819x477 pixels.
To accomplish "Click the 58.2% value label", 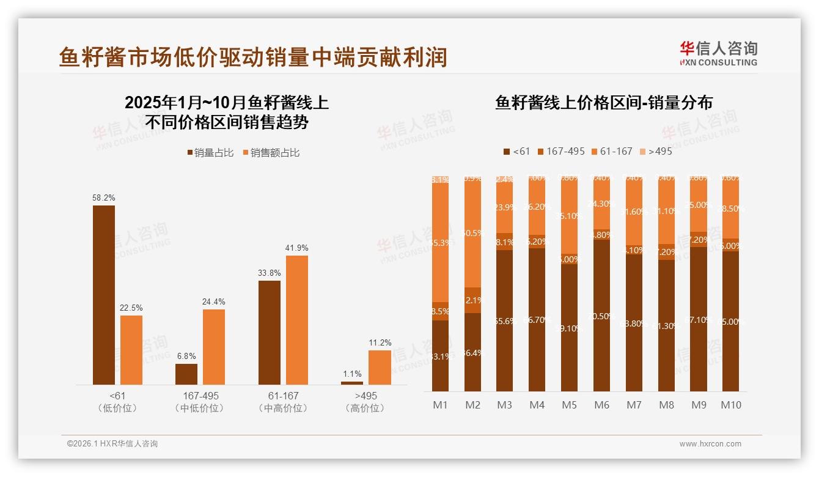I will click(x=104, y=198).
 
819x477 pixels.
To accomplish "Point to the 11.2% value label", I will click(x=380, y=343).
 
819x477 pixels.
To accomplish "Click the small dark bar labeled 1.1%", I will click(x=352, y=383).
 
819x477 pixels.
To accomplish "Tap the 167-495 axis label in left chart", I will click(x=200, y=396).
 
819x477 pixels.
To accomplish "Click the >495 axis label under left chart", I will click(x=365, y=396).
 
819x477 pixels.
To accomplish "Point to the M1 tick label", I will click(x=440, y=405).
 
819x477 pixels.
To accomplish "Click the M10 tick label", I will click(x=730, y=405).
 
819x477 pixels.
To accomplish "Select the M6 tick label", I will click(x=601, y=405).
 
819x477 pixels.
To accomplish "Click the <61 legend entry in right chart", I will click(x=516, y=151).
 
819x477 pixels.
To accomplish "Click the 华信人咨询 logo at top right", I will click(x=718, y=53).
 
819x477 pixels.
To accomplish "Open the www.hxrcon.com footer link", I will click(x=710, y=444).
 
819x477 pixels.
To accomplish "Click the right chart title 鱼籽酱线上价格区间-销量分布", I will click(x=604, y=103).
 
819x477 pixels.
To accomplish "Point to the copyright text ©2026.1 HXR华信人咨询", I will click(x=112, y=444).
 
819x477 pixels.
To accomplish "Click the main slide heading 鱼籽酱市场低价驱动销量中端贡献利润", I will click(x=253, y=57).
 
